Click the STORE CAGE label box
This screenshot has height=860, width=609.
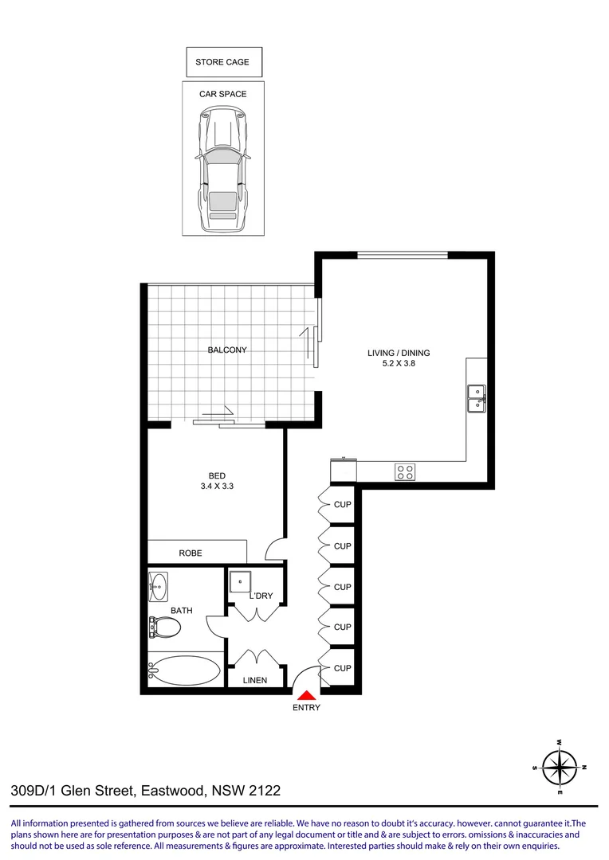tap(222, 62)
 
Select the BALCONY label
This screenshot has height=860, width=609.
tap(227, 350)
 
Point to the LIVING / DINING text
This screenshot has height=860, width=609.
tap(399, 353)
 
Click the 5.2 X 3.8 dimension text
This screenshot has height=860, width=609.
tap(399, 365)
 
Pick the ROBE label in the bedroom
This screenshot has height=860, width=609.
tap(191, 553)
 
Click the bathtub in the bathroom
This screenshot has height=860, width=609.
tap(185, 670)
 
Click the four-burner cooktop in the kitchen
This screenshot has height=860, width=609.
tap(405, 471)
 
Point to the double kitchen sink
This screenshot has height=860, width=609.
tap(477, 397)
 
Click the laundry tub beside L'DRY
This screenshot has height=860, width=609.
tap(240, 583)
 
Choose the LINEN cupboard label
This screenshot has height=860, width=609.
tap(254, 681)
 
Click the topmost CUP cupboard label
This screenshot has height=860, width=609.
tap(343, 505)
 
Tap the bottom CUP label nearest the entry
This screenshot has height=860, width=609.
tap(343, 668)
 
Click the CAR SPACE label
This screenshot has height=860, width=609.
tap(222, 94)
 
